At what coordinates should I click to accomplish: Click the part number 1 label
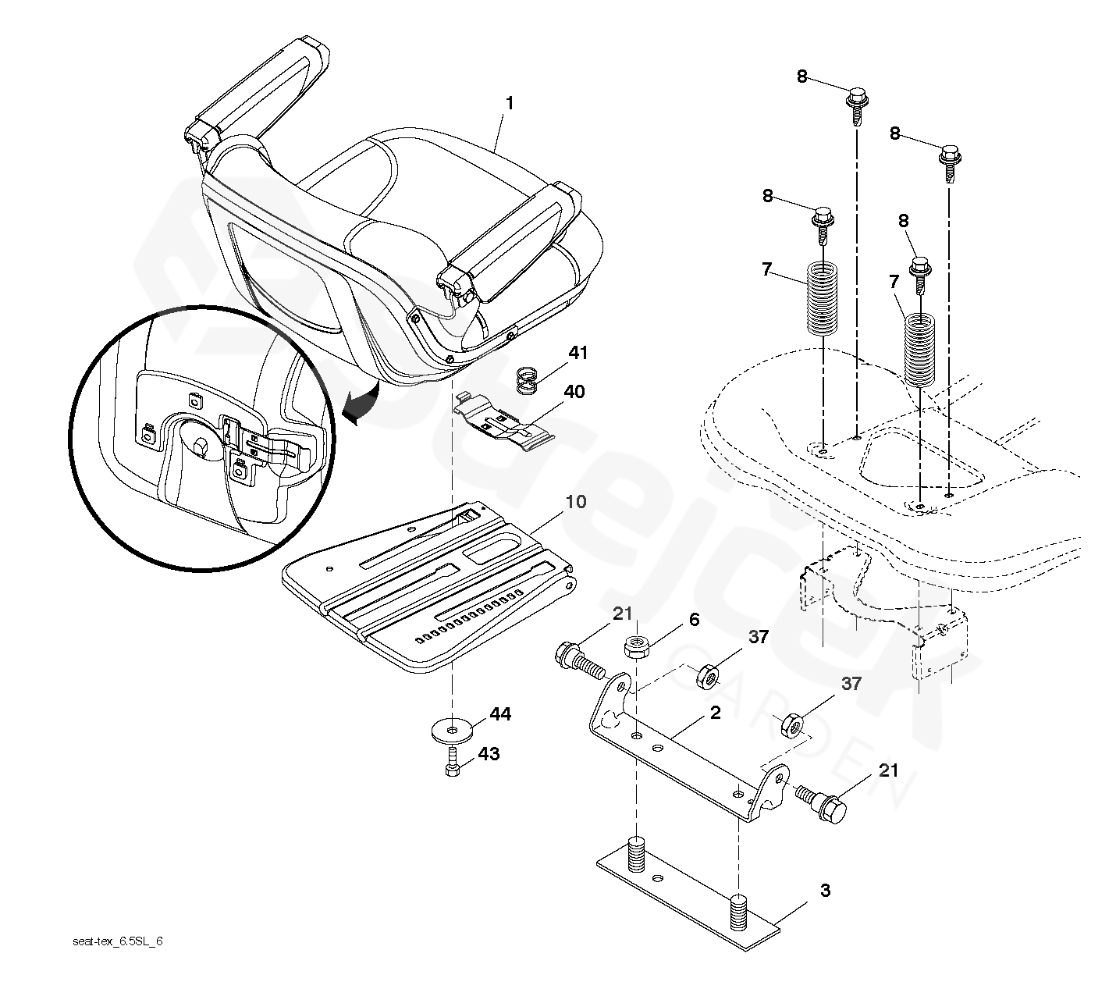coord(509,103)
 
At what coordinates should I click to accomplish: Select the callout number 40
coord(574,391)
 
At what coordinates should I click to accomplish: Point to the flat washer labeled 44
coord(452,729)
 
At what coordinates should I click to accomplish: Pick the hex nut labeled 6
coord(634,648)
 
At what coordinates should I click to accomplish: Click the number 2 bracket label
coord(715,712)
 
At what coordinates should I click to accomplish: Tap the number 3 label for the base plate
coord(824,891)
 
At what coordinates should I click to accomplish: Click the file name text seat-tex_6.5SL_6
coord(117,941)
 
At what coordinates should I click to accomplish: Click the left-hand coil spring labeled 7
coord(821,297)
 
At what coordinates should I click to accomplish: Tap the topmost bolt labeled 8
coord(856,105)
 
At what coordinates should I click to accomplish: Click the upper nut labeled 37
coord(709,675)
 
